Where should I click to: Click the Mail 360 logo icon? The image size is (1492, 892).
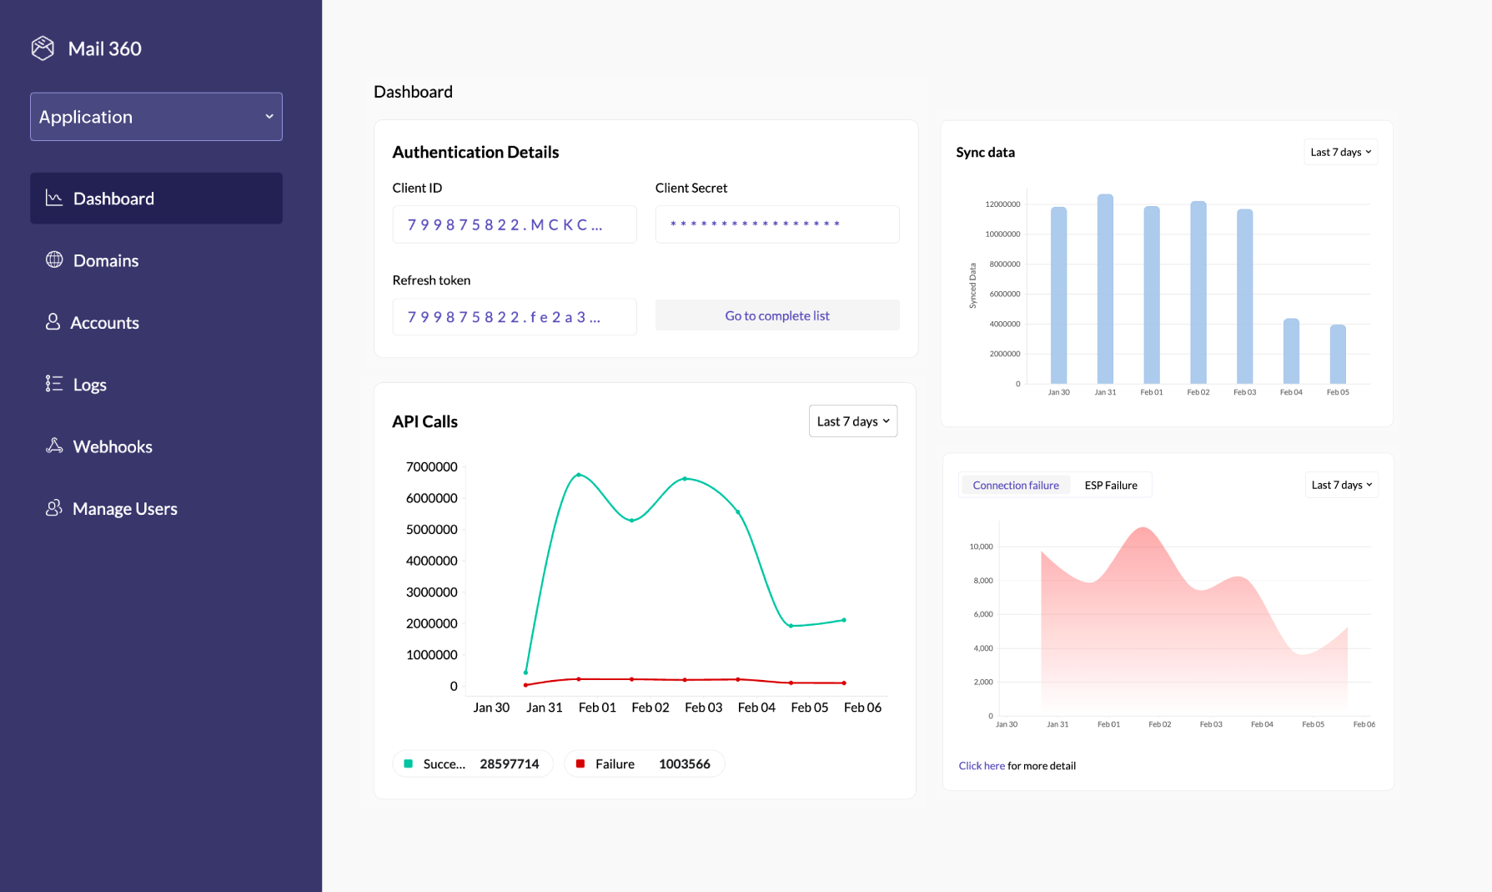click(x=43, y=48)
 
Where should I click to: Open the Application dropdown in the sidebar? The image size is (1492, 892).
click(x=156, y=117)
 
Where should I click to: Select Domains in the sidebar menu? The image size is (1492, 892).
click(x=105, y=260)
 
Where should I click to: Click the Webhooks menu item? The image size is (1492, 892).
click(x=112, y=446)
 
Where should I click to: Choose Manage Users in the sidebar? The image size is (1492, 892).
click(x=124, y=508)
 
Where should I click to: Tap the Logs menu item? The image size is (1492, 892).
click(x=89, y=385)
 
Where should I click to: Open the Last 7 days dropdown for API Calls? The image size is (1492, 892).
click(x=852, y=421)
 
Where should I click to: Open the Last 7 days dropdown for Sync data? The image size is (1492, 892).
click(x=1339, y=152)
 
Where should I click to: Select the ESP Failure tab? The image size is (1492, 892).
click(x=1110, y=485)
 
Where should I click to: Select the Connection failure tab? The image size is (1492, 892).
click(x=1015, y=485)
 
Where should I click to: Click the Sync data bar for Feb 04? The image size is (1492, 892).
click(x=1290, y=351)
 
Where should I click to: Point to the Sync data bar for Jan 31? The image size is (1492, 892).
click(x=1104, y=289)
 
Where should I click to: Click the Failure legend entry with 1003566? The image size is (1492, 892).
click(x=643, y=763)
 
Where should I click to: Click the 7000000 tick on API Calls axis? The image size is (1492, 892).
click(x=431, y=467)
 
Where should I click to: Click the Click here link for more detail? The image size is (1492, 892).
click(x=981, y=766)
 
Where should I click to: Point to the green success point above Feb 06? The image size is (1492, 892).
click(x=844, y=620)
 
